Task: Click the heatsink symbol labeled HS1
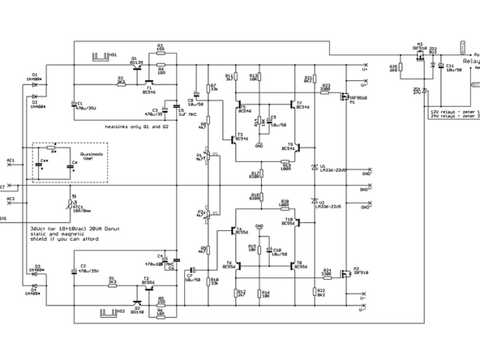coord(101,57)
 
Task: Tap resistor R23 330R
coord(325,88)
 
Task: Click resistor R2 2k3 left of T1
coord(121,81)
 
